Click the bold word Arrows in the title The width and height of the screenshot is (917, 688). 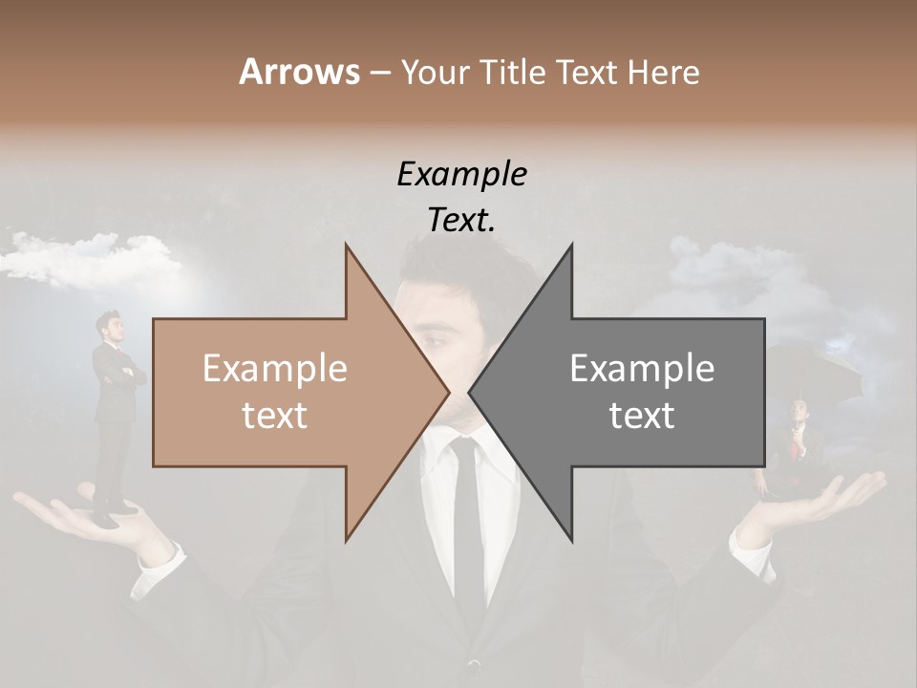click(299, 72)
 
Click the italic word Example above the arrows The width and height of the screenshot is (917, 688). click(461, 174)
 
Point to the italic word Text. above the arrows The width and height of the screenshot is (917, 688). click(461, 220)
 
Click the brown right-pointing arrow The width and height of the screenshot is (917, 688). click(287, 392)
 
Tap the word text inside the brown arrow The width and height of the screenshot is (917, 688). click(274, 416)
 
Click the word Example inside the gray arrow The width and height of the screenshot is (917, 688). click(642, 369)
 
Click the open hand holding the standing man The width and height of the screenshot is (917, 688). click(86, 521)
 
